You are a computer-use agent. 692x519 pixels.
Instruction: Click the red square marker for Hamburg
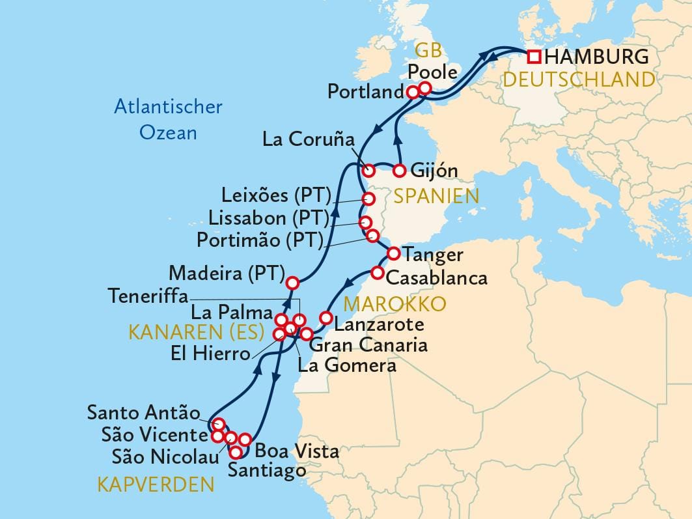pyautogui.click(x=534, y=57)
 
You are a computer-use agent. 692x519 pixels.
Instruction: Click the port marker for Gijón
pyautogui.click(x=400, y=171)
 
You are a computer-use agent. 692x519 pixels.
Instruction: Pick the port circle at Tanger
pyautogui.click(x=393, y=253)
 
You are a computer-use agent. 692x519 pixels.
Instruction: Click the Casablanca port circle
pyautogui.click(x=377, y=272)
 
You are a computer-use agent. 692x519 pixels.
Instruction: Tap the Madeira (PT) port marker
pyautogui.click(x=292, y=283)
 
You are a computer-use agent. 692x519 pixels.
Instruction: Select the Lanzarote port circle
pyautogui.click(x=326, y=318)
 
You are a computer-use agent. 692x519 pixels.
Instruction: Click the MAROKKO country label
pyautogui.click(x=394, y=303)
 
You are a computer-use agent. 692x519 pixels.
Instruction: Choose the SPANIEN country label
pyautogui.click(x=435, y=196)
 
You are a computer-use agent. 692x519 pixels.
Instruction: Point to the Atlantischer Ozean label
pyautogui.click(x=168, y=119)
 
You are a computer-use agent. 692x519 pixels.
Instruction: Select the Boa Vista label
pyautogui.click(x=297, y=451)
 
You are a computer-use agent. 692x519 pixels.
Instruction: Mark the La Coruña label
pyautogui.click(x=308, y=139)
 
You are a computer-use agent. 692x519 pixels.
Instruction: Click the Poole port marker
pyautogui.click(x=425, y=88)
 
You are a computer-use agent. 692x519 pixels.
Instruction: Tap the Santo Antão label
pyautogui.click(x=143, y=412)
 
